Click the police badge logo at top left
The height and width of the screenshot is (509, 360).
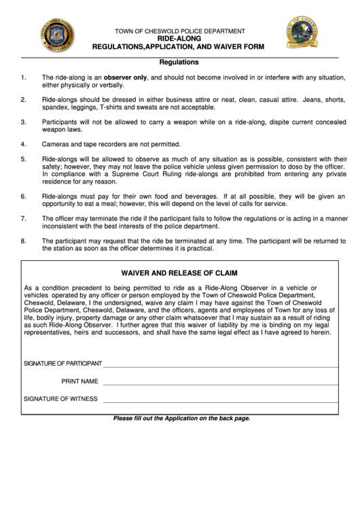pos(53,33)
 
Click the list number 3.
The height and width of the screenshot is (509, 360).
pos(24,122)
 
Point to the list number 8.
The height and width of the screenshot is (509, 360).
pos(24,241)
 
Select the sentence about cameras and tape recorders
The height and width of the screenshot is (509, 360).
pos(111,144)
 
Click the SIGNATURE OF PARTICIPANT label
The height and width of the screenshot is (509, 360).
pos(62,364)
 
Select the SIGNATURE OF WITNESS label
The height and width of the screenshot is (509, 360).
pos(60,399)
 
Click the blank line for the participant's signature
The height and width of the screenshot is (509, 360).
pos(220,366)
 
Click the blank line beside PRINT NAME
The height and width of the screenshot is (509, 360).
pos(220,384)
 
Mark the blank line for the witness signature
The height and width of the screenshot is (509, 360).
pos(220,402)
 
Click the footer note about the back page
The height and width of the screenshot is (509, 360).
pos(181,419)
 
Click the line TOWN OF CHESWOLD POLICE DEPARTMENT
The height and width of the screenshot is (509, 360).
pos(180,32)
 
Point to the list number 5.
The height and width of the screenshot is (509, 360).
pos(24,159)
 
